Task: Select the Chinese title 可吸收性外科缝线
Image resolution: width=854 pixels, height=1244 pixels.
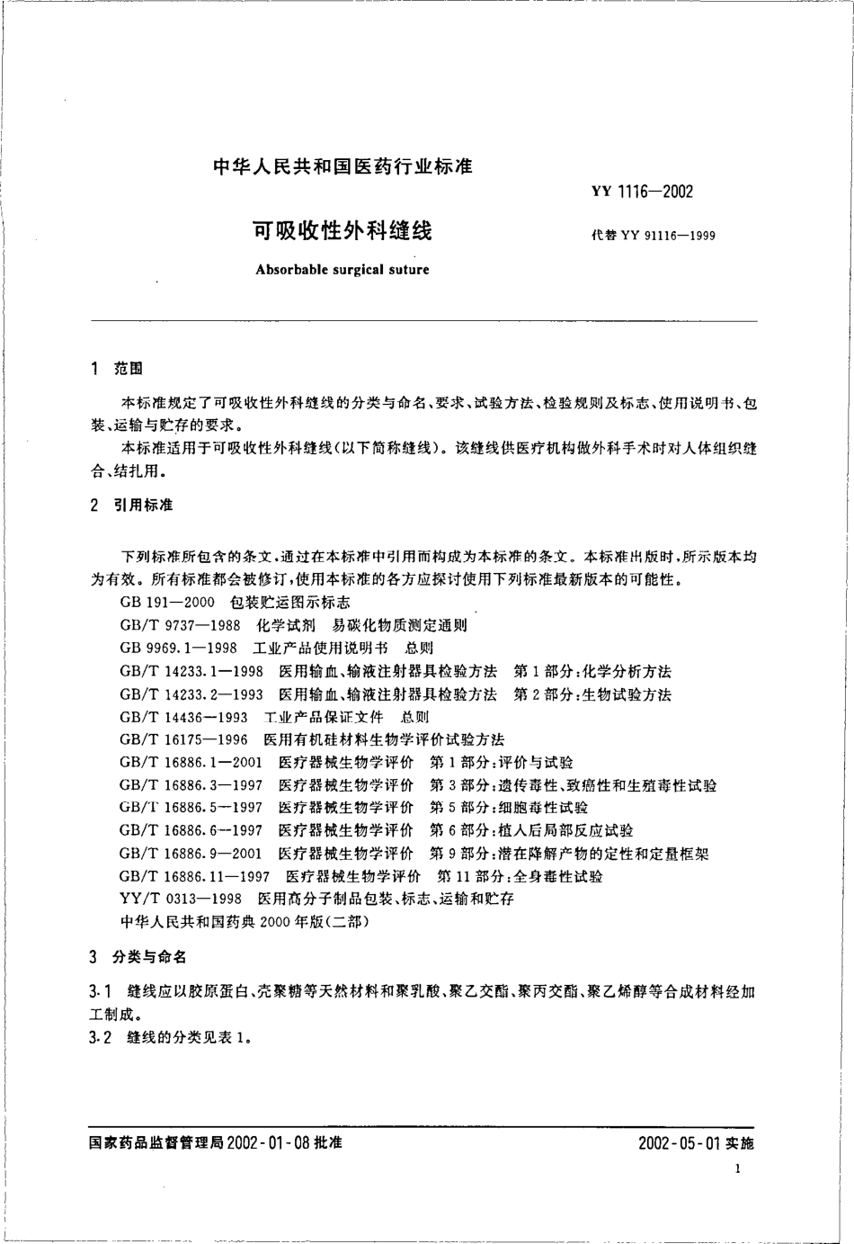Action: tap(342, 231)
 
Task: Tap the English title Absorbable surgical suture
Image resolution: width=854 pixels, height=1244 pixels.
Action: tap(342, 269)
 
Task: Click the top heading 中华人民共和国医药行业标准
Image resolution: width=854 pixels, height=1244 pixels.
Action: tap(342, 166)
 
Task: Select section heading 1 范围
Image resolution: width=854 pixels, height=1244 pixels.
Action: tap(118, 369)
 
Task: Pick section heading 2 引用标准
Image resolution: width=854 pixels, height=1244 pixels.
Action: tap(132, 506)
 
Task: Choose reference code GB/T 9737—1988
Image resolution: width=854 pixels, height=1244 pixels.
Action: tap(179, 625)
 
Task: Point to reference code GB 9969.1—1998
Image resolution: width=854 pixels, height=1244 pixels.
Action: tap(178, 648)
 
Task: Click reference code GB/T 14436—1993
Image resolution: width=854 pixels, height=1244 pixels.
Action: tap(182, 717)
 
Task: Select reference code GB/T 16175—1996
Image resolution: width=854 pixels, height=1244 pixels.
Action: tap(182, 739)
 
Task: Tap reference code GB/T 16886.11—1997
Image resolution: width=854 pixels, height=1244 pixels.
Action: tap(194, 876)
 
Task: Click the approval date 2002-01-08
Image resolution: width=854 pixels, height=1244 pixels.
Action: tap(268, 1142)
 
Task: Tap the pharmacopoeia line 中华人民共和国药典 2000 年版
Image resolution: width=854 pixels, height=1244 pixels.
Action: tap(243, 921)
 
